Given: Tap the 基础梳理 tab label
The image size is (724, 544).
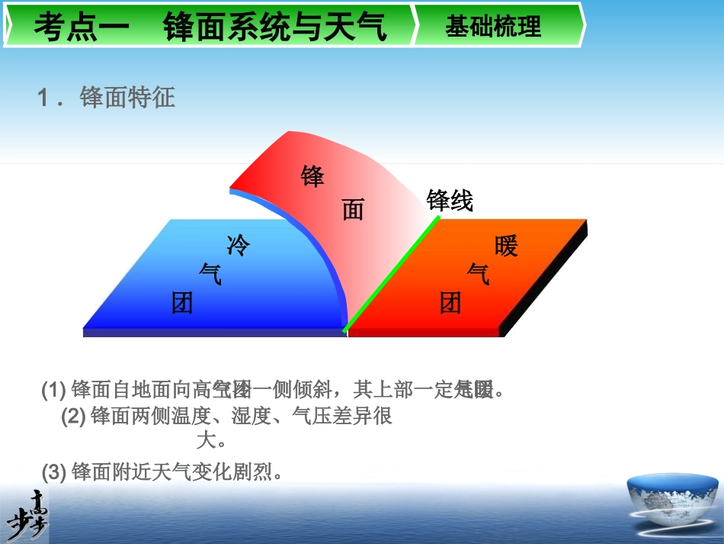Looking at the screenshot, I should (493, 27).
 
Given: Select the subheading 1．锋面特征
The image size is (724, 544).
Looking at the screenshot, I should (107, 98).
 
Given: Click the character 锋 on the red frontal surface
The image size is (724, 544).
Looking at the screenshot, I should (312, 176).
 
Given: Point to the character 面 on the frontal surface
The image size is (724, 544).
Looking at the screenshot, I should (353, 209).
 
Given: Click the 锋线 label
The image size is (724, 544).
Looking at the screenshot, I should (450, 201).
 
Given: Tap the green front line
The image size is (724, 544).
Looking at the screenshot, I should (391, 275).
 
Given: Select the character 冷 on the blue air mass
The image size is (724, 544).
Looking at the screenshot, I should (239, 245).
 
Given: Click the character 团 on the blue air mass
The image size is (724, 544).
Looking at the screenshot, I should (182, 304).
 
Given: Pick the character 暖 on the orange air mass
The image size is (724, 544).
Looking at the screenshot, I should (506, 246).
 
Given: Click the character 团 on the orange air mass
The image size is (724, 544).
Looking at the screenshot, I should (451, 304).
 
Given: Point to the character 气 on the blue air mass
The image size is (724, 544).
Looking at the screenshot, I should (210, 273).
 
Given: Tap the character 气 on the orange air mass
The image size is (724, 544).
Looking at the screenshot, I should (479, 273).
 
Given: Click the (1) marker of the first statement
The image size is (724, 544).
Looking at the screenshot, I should (53, 391).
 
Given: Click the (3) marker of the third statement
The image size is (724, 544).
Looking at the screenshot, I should (54, 473).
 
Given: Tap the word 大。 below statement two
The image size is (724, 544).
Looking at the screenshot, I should (211, 440).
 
